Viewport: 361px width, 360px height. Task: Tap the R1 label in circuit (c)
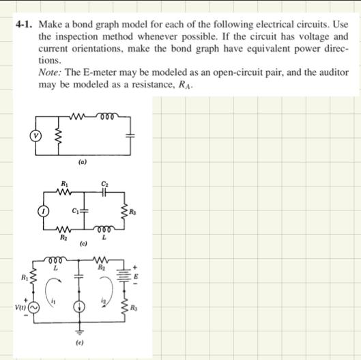click(64, 184)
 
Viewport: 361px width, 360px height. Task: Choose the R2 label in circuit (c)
click(64, 237)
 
